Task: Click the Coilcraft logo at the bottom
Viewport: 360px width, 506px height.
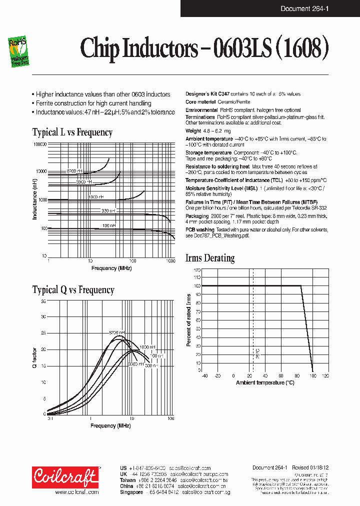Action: coord(65,477)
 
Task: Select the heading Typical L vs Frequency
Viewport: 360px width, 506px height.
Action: coord(72,132)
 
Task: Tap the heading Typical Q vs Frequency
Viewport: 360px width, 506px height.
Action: coord(73,290)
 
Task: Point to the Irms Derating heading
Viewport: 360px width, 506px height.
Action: coord(210,258)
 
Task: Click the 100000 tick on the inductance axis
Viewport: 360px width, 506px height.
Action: coord(39,144)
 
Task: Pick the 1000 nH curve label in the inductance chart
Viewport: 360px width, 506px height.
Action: coord(96,197)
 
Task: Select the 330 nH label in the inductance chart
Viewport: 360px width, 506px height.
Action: coord(108,211)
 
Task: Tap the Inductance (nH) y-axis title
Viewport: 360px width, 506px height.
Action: coord(35,200)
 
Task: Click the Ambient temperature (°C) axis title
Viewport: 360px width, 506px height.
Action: coord(265,382)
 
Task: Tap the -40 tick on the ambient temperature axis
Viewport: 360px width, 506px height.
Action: coord(203,375)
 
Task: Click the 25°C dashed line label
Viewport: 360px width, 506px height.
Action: coord(257,354)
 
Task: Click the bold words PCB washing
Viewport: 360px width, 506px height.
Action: coord(200,229)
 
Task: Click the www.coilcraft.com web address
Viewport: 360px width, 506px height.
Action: coord(76,492)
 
